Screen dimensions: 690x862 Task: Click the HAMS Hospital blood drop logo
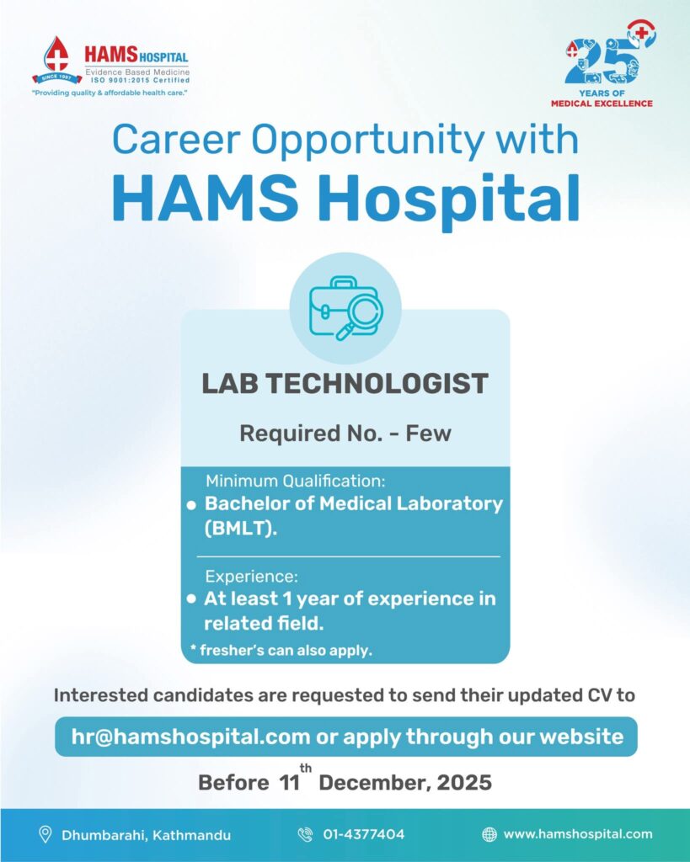[x=56, y=61]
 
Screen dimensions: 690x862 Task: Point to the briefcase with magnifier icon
[x=345, y=308]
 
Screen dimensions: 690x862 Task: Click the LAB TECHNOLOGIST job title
[x=345, y=383]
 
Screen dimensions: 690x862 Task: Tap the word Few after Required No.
[x=428, y=434]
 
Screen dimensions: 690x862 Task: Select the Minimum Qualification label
[x=296, y=481]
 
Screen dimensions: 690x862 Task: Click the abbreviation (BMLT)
[x=240, y=529]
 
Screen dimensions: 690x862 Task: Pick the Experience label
[x=251, y=576]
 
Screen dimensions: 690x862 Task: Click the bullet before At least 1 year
[x=191, y=599]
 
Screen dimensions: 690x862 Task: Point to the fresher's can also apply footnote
[x=281, y=651]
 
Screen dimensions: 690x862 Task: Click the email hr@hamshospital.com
[x=190, y=737]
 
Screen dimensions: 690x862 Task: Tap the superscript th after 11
[x=305, y=768]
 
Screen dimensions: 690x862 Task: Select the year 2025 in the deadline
[x=464, y=782]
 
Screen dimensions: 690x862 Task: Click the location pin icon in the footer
[x=45, y=834]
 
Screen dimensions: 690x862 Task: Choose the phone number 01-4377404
[x=364, y=834]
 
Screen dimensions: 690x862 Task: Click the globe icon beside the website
[x=489, y=834]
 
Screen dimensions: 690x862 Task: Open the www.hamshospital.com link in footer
[x=578, y=834]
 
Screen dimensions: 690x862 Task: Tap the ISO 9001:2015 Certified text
[x=141, y=80]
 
